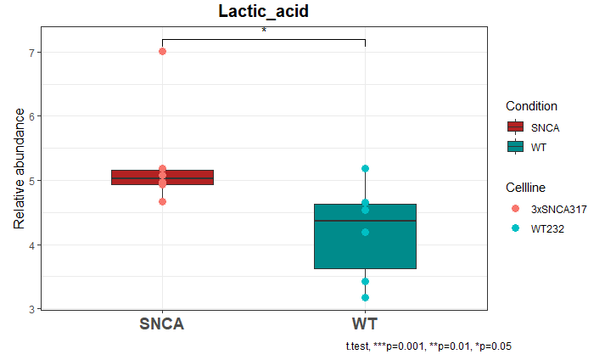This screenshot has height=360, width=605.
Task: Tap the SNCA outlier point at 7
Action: pyautogui.click(x=162, y=52)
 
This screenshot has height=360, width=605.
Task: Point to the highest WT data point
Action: pyautogui.click(x=365, y=169)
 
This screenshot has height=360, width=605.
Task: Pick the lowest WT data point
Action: pyautogui.click(x=365, y=298)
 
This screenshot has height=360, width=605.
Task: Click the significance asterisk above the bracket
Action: pyautogui.click(x=264, y=31)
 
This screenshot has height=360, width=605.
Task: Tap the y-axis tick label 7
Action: pyautogui.click(x=31, y=52)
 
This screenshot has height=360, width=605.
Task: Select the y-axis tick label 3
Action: pyautogui.click(x=31, y=309)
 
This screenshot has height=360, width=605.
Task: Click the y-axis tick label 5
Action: pyautogui.click(x=31, y=181)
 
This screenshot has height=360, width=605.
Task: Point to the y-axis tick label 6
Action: pyautogui.click(x=31, y=116)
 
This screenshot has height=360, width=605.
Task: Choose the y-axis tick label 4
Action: pyautogui.click(x=31, y=245)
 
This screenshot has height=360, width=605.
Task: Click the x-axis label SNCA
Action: pyautogui.click(x=162, y=324)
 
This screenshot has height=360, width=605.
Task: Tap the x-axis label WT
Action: pyautogui.click(x=365, y=324)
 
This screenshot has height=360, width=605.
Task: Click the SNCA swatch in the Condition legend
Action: pyautogui.click(x=515, y=127)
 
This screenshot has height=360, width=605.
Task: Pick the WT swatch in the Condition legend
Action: pyautogui.click(x=515, y=147)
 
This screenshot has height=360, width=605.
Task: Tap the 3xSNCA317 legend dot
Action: pyautogui.click(x=515, y=208)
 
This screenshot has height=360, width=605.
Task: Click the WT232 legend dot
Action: pyautogui.click(x=515, y=228)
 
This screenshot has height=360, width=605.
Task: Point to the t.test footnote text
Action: pyautogui.click(x=428, y=346)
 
